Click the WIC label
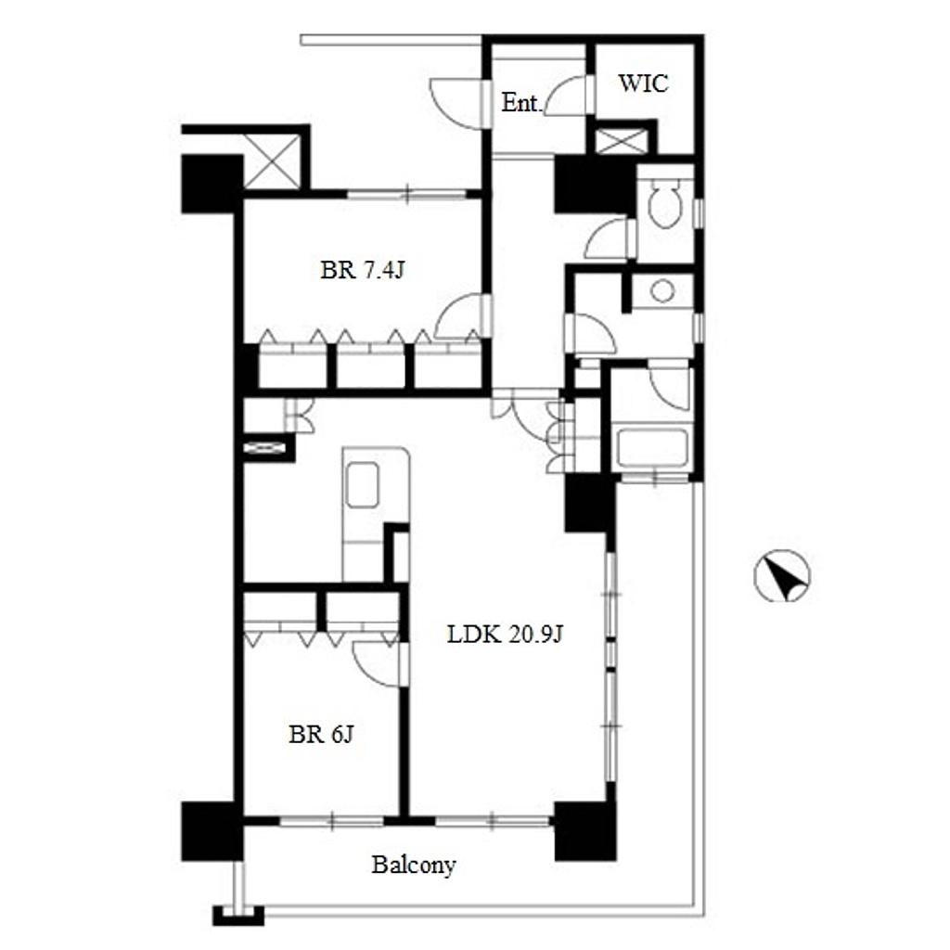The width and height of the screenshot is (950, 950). point(643,83)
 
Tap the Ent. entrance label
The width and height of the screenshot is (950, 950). point(520,103)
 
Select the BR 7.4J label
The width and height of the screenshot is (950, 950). point(362,270)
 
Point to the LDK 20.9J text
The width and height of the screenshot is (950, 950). point(506,635)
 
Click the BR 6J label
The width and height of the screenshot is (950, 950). point(320,735)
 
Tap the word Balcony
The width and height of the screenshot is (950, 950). point(413,866)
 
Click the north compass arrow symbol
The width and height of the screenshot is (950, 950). point(782,575)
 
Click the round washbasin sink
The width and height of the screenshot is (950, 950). point(662,290)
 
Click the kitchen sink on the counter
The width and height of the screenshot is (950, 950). point(363,484)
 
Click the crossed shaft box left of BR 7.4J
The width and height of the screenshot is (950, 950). point(272,161)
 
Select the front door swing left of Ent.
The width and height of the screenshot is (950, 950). point(456,104)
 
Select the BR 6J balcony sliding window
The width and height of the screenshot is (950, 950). point(331,821)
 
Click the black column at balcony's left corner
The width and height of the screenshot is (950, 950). point(212,831)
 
